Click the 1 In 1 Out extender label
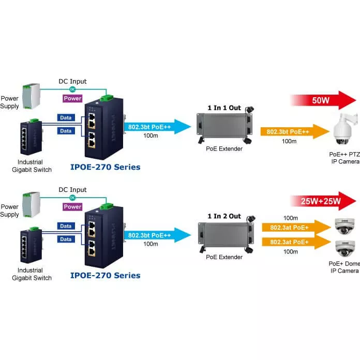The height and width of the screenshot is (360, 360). [x=224, y=108]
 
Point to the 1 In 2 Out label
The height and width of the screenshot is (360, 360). [x=224, y=216]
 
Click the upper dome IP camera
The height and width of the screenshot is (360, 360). [x=344, y=226]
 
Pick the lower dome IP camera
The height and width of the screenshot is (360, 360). [x=344, y=248]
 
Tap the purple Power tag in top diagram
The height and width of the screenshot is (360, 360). [x=72, y=98]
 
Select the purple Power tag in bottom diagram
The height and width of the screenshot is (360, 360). [x=72, y=207]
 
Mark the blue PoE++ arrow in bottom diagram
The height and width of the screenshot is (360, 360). [x=153, y=235]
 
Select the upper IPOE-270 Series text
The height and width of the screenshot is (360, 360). [x=105, y=167]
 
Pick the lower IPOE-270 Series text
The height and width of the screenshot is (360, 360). [x=105, y=275]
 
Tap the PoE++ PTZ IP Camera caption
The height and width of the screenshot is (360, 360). [x=344, y=158]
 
